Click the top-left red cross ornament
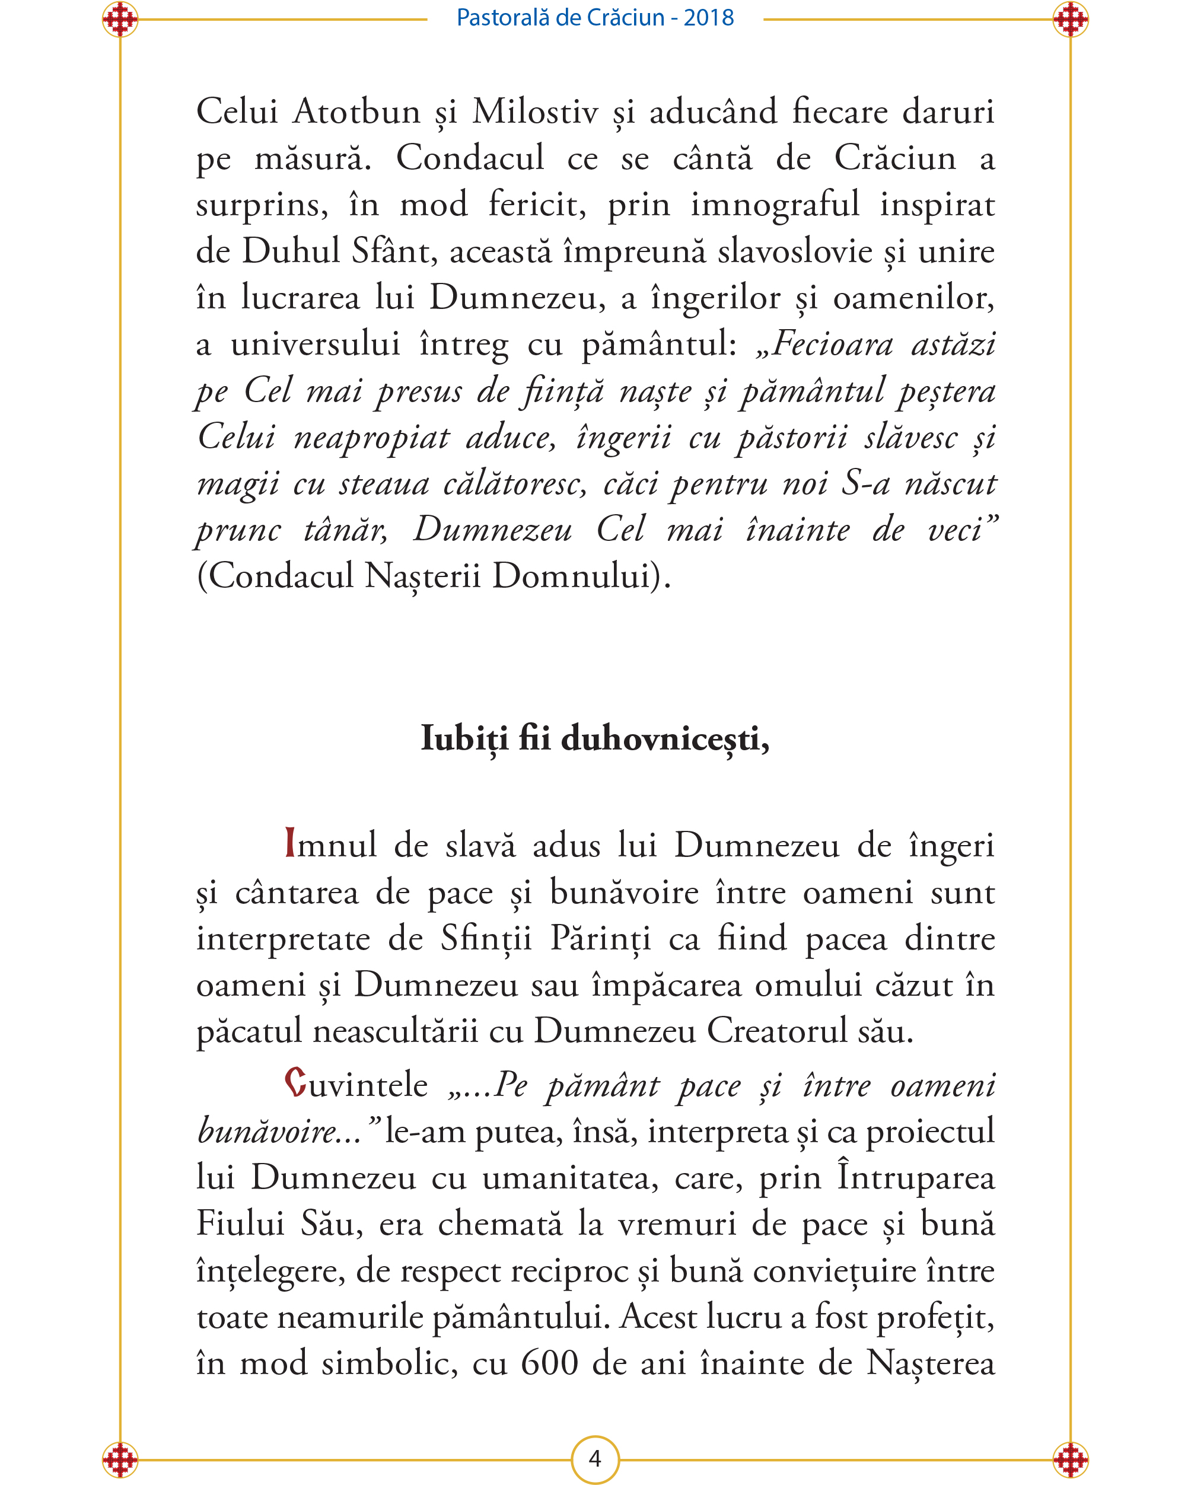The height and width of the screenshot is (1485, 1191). point(120,20)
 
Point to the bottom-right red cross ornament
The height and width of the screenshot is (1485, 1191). point(1071,1459)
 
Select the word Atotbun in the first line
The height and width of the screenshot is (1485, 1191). point(356,111)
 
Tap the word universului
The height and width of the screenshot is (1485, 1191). point(315,344)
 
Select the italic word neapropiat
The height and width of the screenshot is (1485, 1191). point(372,437)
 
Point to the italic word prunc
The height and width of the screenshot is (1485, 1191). point(238,530)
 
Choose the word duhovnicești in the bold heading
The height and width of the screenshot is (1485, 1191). point(665,739)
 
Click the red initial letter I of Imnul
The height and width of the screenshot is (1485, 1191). point(290,843)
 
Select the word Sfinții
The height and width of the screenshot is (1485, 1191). point(486,939)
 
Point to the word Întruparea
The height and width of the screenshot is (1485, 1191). point(915,1177)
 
